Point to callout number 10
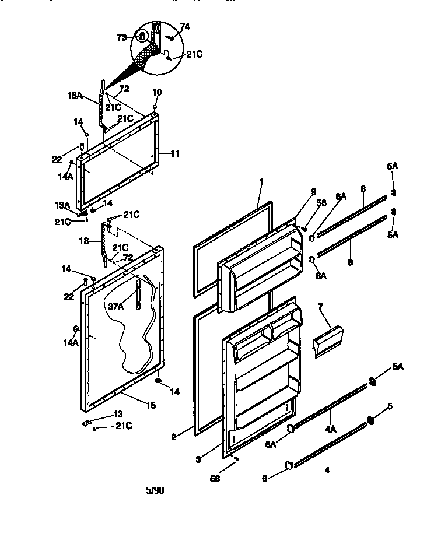click(157, 92)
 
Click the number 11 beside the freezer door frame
click(174, 153)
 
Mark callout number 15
click(150, 404)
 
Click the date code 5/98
click(155, 490)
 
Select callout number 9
click(313, 191)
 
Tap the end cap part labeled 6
click(288, 465)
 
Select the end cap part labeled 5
click(370, 420)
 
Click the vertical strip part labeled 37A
click(138, 295)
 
